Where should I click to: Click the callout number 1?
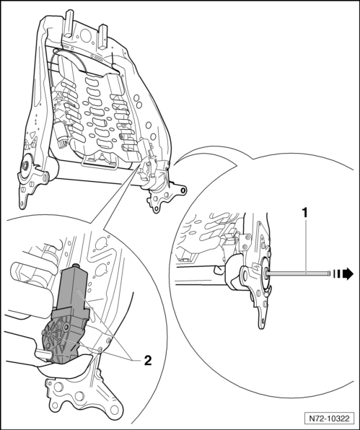[x=305, y=213]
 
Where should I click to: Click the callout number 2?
[x=147, y=360]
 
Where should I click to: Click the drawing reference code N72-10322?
[x=329, y=418]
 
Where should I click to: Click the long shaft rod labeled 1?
[x=297, y=273]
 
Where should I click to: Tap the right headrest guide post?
[x=103, y=37]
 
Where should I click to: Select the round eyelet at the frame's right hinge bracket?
[x=183, y=190]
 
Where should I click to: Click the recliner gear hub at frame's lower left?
[x=26, y=164]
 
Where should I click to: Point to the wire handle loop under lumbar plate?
[x=100, y=161]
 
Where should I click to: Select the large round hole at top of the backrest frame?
[x=87, y=35]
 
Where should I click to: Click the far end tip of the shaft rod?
[x=328, y=273]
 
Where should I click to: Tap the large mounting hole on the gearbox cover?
[x=66, y=327]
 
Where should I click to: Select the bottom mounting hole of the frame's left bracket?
[x=22, y=203]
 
